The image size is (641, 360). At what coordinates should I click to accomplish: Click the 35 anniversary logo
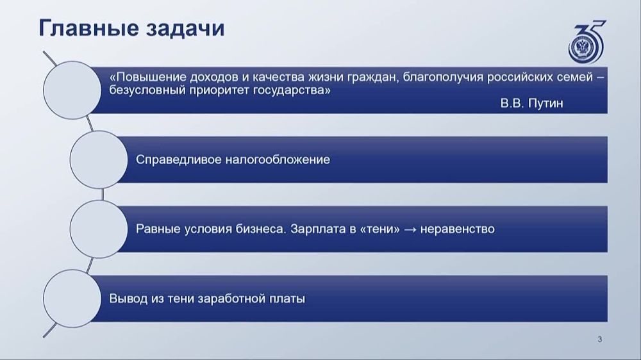pos(587,42)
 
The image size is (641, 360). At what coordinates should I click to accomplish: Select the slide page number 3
pos(600,339)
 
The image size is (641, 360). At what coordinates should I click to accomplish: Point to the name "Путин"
pos(545,103)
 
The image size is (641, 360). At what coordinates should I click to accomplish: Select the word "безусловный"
pos(147,90)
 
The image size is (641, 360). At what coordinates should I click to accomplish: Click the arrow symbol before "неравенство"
pos(410,229)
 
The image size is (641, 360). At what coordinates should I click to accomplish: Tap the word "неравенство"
pos(458,229)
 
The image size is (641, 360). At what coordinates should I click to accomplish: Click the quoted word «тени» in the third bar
pos(379,229)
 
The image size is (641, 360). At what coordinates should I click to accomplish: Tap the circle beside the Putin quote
pos(72,90)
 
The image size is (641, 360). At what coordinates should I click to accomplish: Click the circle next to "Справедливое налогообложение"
pos(99,160)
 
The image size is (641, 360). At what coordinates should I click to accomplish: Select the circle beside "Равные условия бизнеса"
pos(99,229)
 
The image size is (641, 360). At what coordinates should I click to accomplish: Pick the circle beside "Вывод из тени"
pos(72,299)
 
